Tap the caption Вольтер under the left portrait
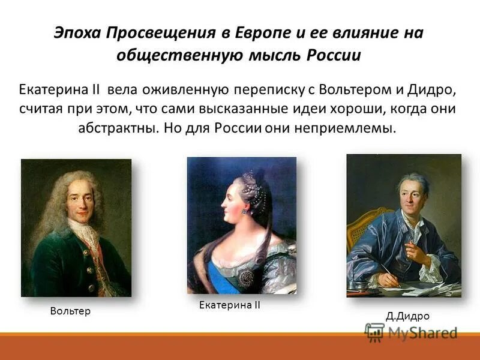(x=71, y=311)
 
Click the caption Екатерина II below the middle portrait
(x=229, y=305)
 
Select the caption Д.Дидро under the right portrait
(x=407, y=316)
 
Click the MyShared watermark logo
(x=411, y=332)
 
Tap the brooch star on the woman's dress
(x=247, y=277)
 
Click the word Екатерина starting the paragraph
(x=53, y=91)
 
